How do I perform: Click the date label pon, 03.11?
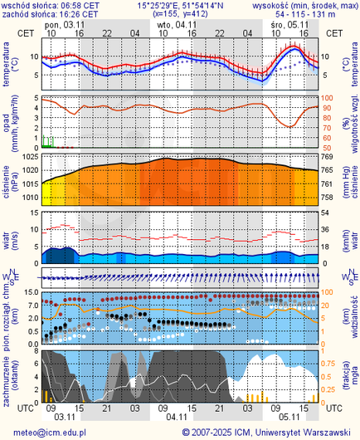click(63, 25)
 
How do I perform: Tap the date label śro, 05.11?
click(289, 25)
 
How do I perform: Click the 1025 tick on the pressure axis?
click(28, 157)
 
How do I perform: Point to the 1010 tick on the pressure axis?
click(28, 198)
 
